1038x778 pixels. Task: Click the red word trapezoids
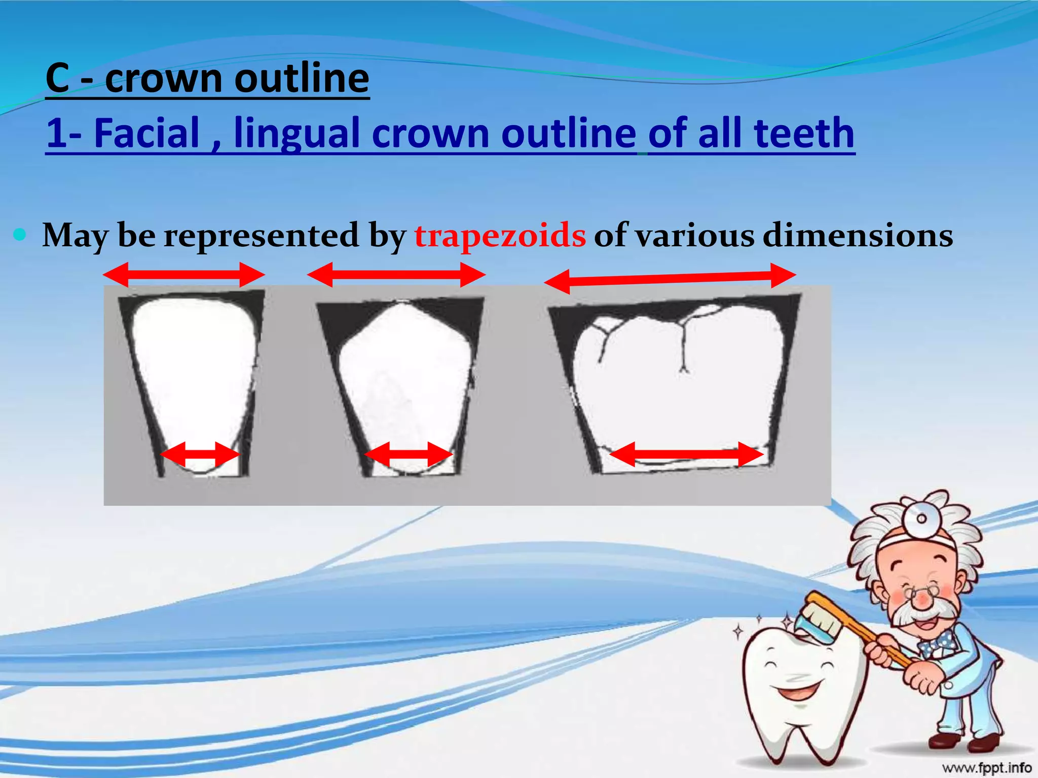pos(500,236)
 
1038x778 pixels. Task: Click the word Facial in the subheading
pos(147,133)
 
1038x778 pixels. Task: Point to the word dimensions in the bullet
pos(858,236)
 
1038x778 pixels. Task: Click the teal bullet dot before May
pos(20,234)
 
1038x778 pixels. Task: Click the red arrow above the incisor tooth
pos(183,275)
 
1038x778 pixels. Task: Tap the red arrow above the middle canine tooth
pos(396,275)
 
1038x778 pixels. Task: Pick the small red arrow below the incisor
pos(199,454)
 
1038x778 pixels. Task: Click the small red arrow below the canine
pos(409,454)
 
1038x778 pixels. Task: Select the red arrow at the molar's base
pos(686,454)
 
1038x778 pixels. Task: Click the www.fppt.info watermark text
pos(986,768)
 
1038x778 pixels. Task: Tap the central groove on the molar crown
pos(683,344)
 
